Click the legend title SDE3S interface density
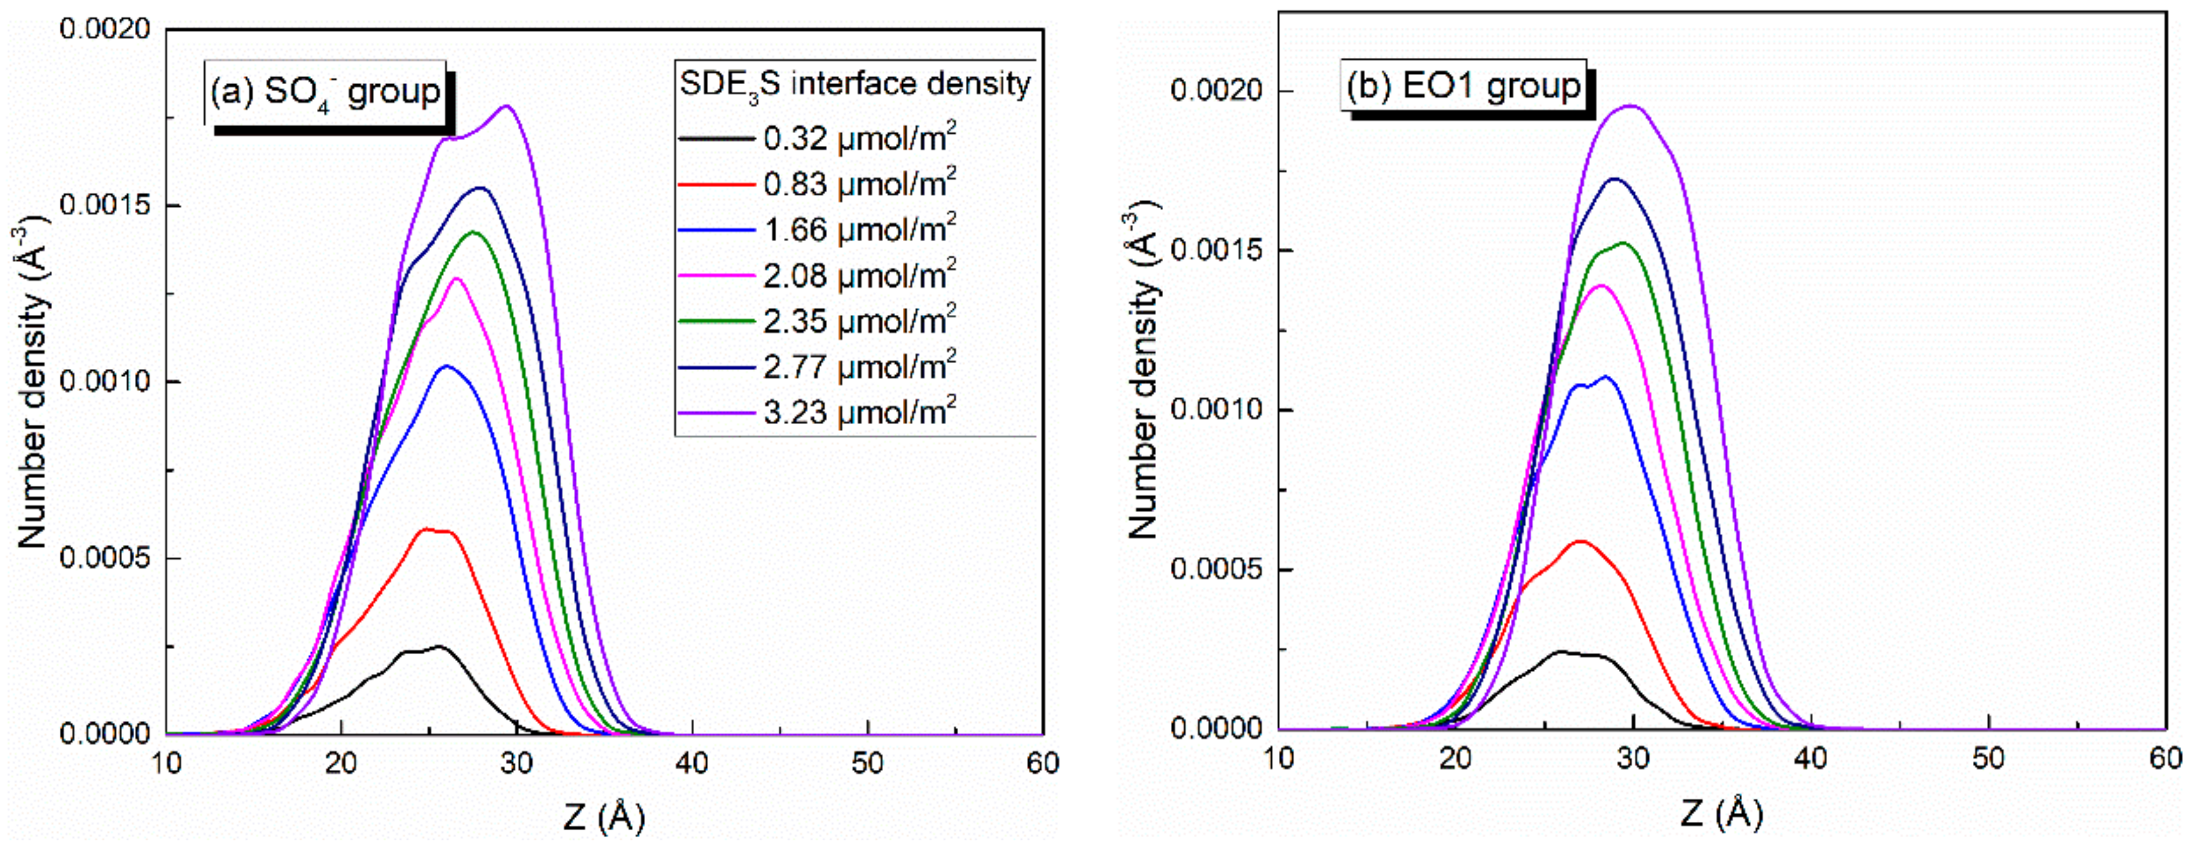click(854, 84)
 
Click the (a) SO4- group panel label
click(325, 92)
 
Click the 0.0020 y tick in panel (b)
click(1215, 91)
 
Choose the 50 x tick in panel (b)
click(1989, 758)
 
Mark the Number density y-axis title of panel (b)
click(1145, 370)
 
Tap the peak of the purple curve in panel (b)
click(1631, 105)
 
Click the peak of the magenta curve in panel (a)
click(457, 278)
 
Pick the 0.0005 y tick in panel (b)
click(1215, 569)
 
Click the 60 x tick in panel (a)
click(1042, 763)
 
